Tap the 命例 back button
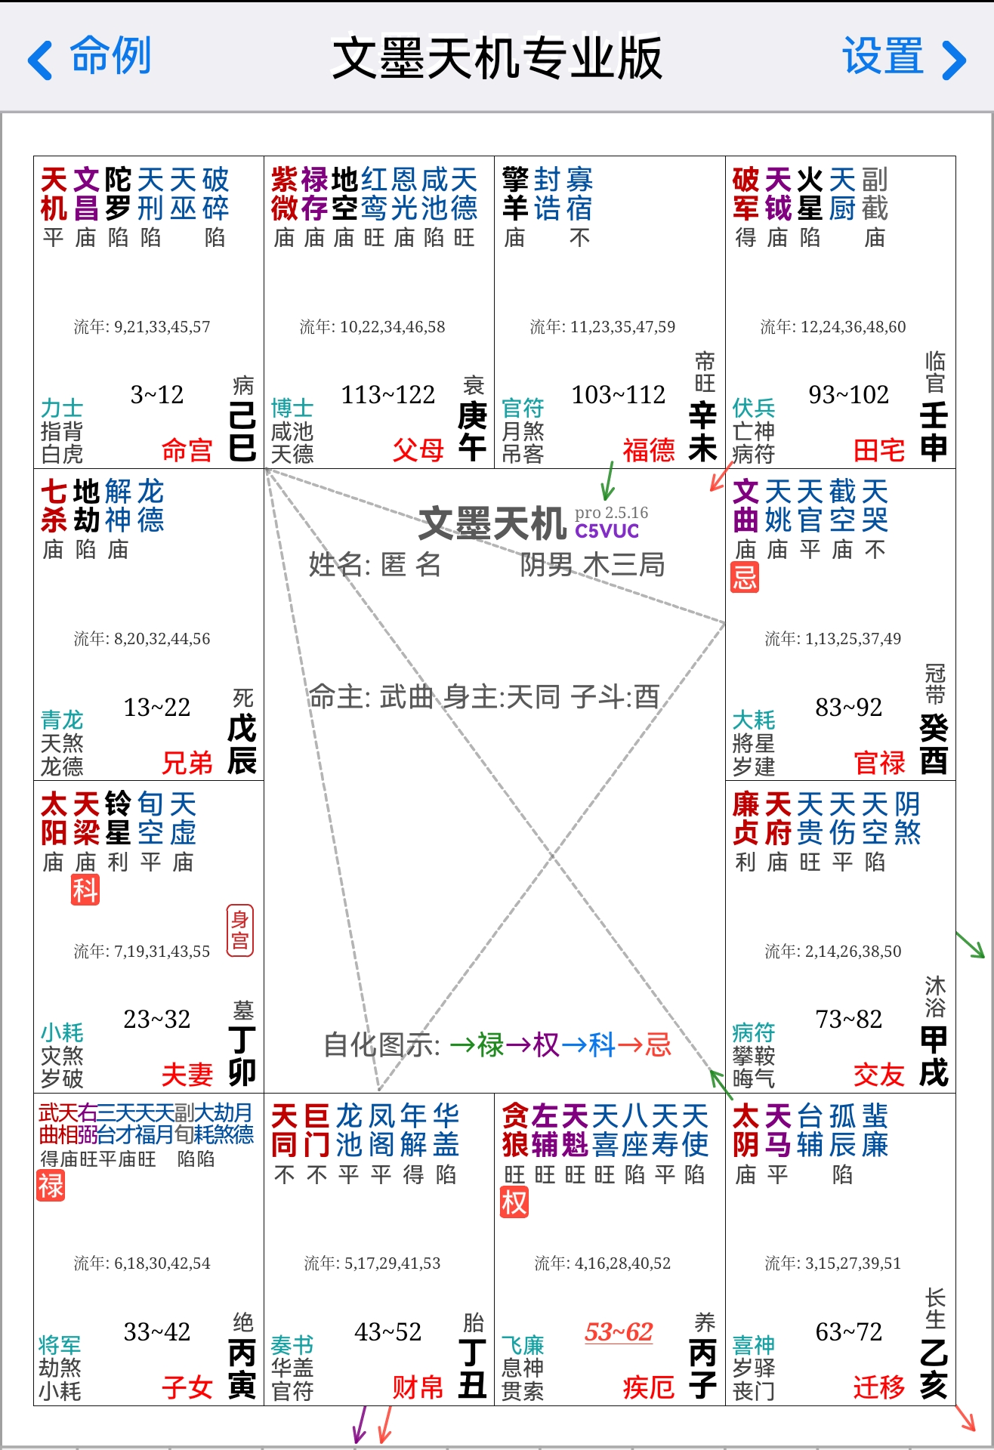pos(89,57)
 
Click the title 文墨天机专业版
pos(497,57)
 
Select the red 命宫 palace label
pos(187,450)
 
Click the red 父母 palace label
pos(418,450)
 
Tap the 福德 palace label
pos(648,450)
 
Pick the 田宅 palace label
pos(879,450)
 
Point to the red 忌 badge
pos(745,578)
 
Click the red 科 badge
pos(85,890)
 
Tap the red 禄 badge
pos(51,1186)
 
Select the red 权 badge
pos(514,1202)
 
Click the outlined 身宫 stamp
pos(240,930)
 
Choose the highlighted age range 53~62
pos(619,1331)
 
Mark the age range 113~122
pos(388,394)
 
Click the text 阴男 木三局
pos(592,564)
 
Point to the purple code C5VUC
pos(607,531)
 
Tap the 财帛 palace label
pos(418,1387)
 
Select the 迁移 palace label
pos(879,1387)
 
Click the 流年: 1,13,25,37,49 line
pos(833,639)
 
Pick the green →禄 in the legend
pos(477,1045)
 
